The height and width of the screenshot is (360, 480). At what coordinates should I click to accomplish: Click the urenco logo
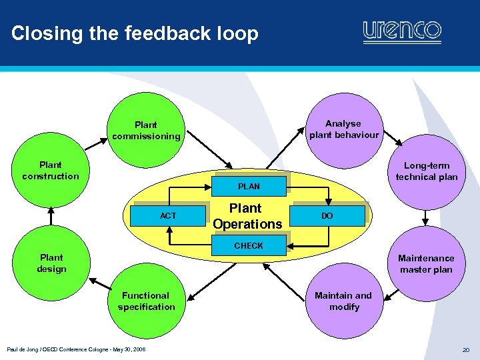tap(402, 31)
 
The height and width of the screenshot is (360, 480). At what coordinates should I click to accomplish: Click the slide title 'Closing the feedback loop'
tap(135, 33)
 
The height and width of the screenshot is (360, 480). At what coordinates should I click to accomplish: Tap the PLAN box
tap(249, 186)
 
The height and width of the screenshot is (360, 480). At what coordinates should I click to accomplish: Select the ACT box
tap(168, 215)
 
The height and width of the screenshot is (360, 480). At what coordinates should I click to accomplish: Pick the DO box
tap(327, 215)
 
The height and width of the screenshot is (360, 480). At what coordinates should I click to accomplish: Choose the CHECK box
tap(249, 245)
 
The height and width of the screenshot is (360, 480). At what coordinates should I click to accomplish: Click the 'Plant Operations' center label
tap(247, 216)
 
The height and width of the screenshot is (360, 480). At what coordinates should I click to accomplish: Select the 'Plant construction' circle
tap(50, 171)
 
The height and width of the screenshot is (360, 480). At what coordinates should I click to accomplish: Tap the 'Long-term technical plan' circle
tap(427, 171)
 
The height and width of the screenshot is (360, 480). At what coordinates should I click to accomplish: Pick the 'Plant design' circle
tap(51, 263)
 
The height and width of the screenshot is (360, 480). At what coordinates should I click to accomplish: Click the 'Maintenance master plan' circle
tap(426, 263)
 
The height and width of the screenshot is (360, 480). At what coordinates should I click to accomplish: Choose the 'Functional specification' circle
tap(146, 301)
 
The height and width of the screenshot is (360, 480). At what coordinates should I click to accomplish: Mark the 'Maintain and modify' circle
tap(343, 301)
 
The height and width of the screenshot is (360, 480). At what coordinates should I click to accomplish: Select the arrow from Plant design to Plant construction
tap(51, 215)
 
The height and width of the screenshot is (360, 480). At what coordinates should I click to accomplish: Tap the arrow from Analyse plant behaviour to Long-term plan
tap(389, 136)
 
